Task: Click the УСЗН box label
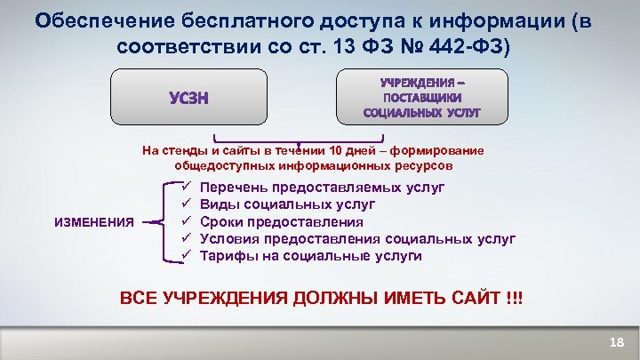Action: coord(191,97)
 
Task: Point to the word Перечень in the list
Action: coord(234,188)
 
